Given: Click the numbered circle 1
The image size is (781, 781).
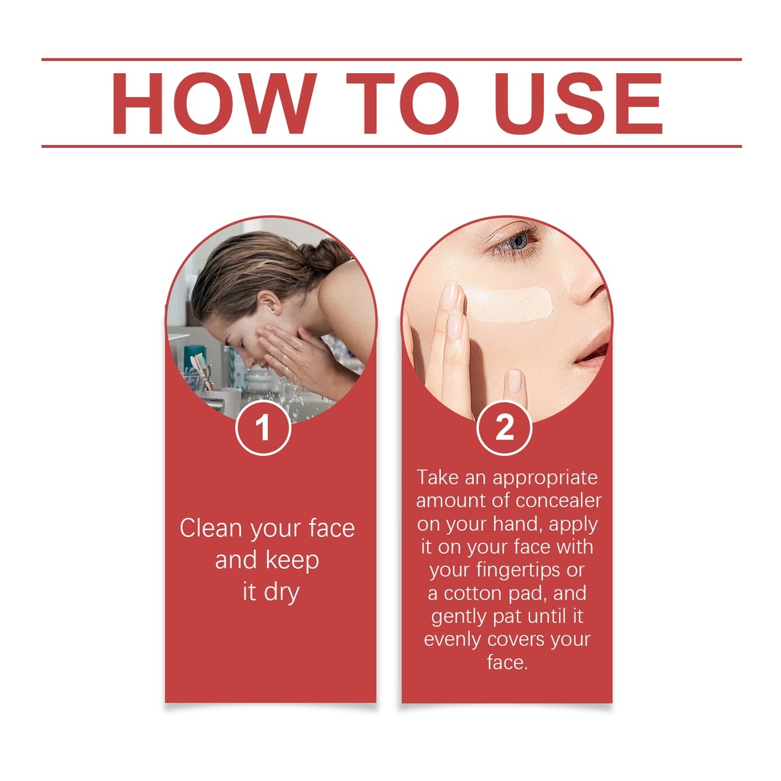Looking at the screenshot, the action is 263,427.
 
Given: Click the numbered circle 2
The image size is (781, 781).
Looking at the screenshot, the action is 504,427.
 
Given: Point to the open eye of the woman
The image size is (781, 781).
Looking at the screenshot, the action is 515,242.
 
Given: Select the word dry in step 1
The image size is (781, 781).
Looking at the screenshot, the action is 281,593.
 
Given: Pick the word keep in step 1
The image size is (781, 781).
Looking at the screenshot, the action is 291,561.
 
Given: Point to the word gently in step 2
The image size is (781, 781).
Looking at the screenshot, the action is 459,617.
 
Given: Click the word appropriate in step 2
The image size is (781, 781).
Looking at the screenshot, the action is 545,478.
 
